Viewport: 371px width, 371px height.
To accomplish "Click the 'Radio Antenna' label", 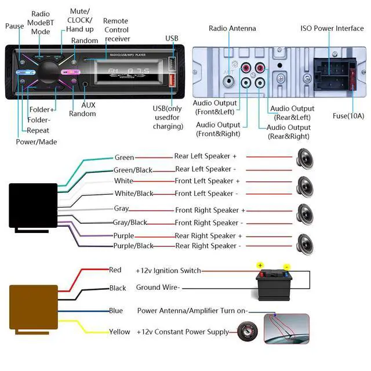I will tap(232, 28).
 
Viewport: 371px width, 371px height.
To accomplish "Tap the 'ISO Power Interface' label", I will tap(332, 28).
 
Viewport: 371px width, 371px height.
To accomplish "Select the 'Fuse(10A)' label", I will tap(348, 115).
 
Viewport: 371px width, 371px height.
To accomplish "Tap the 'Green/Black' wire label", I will tap(133, 170).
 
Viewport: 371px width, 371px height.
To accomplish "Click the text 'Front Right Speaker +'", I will tap(210, 210).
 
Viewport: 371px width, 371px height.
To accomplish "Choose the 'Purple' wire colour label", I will tap(123, 236).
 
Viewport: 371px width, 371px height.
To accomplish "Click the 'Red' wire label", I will tap(115, 270).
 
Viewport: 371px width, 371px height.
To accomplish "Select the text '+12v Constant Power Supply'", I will tap(183, 332).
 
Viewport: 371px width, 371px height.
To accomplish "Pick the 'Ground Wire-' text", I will tap(158, 288).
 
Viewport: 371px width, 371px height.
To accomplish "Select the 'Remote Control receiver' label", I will tap(117, 30).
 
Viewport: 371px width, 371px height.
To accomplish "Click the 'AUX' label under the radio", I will tap(88, 105).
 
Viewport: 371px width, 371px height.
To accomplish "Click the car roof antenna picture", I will tap(286, 329).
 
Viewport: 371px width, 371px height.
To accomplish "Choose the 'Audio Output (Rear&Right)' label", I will tap(288, 132).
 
